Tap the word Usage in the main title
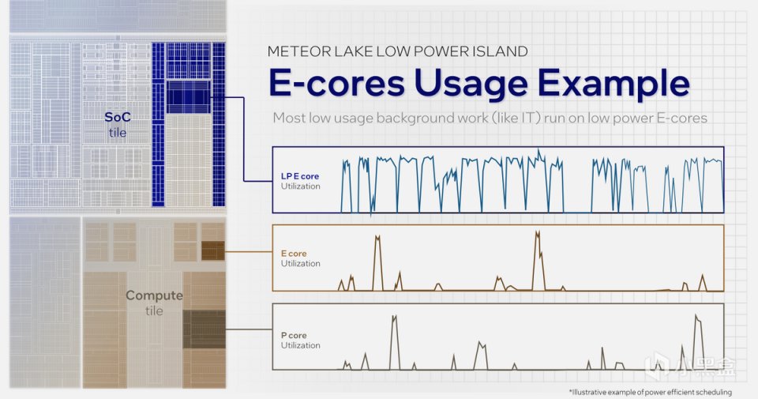(471, 83)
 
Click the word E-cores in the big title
(336, 83)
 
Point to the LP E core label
(300, 176)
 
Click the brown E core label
(294, 254)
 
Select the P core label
(294, 335)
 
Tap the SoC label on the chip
(118, 117)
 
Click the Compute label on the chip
(154, 295)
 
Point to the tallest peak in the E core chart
(537, 232)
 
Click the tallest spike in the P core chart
(696, 316)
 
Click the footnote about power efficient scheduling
(650, 392)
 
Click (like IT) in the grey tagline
(516, 118)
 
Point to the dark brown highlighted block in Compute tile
(212, 251)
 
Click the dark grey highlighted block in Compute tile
(204, 329)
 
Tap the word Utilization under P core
(300, 345)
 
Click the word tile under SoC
(118, 133)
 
